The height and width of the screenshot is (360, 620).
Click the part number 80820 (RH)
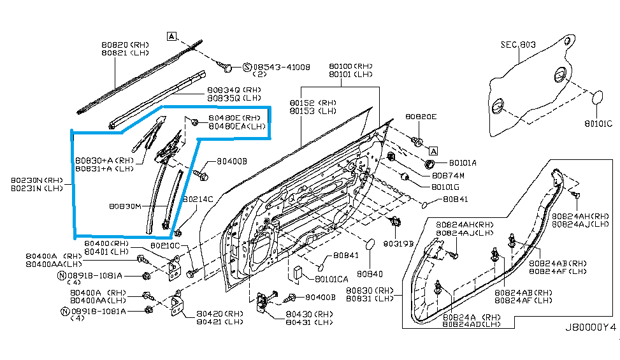point(124,45)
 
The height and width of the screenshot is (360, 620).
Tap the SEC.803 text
point(518,45)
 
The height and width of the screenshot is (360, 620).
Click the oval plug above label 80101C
point(598,97)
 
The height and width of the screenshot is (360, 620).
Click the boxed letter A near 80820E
point(433,151)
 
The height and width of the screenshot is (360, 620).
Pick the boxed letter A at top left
point(171,36)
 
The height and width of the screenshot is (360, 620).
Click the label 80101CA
point(331,278)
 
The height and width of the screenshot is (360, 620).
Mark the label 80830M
point(124,206)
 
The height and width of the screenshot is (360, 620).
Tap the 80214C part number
point(198,199)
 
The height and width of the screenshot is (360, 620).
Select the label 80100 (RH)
point(350,66)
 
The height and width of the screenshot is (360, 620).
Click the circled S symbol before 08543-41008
point(247,66)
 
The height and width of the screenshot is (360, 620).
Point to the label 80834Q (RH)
point(234,90)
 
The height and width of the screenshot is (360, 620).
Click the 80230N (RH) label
point(36,180)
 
